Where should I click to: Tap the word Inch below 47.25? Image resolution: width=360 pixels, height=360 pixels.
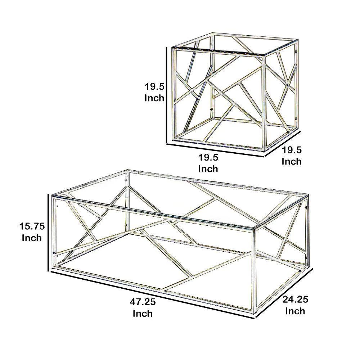[x=143, y=314]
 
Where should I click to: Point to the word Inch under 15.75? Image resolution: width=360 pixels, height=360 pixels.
[x=32, y=238]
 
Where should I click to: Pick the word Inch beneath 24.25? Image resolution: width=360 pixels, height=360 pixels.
[x=295, y=311]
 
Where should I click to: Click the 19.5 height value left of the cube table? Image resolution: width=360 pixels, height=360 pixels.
[x=154, y=86]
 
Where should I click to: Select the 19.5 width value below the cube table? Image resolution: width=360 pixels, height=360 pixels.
[x=208, y=157]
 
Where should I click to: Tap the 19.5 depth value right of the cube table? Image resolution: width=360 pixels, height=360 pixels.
[x=292, y=150]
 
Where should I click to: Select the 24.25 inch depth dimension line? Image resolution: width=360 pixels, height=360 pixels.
[x=284, y=293]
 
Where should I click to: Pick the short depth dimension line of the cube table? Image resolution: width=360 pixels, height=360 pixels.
[x=283, y=144]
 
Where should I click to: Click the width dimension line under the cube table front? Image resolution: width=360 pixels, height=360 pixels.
[x=216, y=150]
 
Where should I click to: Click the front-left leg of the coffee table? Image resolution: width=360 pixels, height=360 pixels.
[x=54, y=234]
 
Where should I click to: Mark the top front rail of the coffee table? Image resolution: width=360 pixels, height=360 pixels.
[x=155, y=212]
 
